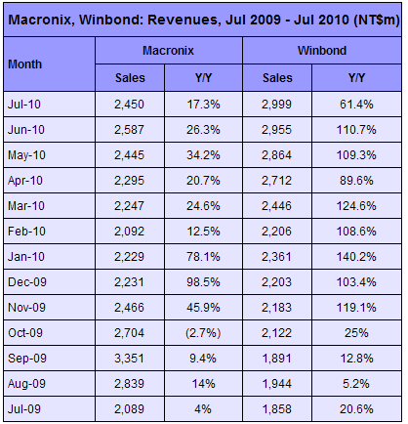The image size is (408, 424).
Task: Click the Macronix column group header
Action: point(168,51)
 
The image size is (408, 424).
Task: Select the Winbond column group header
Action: point(322,51)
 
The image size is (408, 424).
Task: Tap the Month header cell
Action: point(25,64)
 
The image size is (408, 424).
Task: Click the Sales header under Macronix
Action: point(130,78)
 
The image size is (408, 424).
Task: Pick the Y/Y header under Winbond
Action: point(356,78)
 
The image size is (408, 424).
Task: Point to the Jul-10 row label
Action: point(24,105)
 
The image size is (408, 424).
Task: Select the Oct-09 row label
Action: point(25,333)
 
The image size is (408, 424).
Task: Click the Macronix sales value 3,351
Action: point(129,359)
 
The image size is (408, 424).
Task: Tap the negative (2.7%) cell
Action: point(203,333)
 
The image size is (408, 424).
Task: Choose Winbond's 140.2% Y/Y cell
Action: point(356,257)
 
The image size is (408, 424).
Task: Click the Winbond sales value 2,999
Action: point(276,105)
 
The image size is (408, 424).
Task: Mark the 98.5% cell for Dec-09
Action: point(203,282)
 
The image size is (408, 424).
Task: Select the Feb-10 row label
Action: point(26,232)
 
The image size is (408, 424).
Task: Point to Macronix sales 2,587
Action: point(129,130)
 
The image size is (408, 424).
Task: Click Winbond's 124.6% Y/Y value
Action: point(356,206)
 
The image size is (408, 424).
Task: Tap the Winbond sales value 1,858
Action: point(276,409)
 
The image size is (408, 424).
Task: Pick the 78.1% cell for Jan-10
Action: point(203,257)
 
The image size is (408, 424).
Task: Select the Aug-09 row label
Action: point(26,384)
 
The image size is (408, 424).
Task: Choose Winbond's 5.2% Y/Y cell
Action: point(356,384)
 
